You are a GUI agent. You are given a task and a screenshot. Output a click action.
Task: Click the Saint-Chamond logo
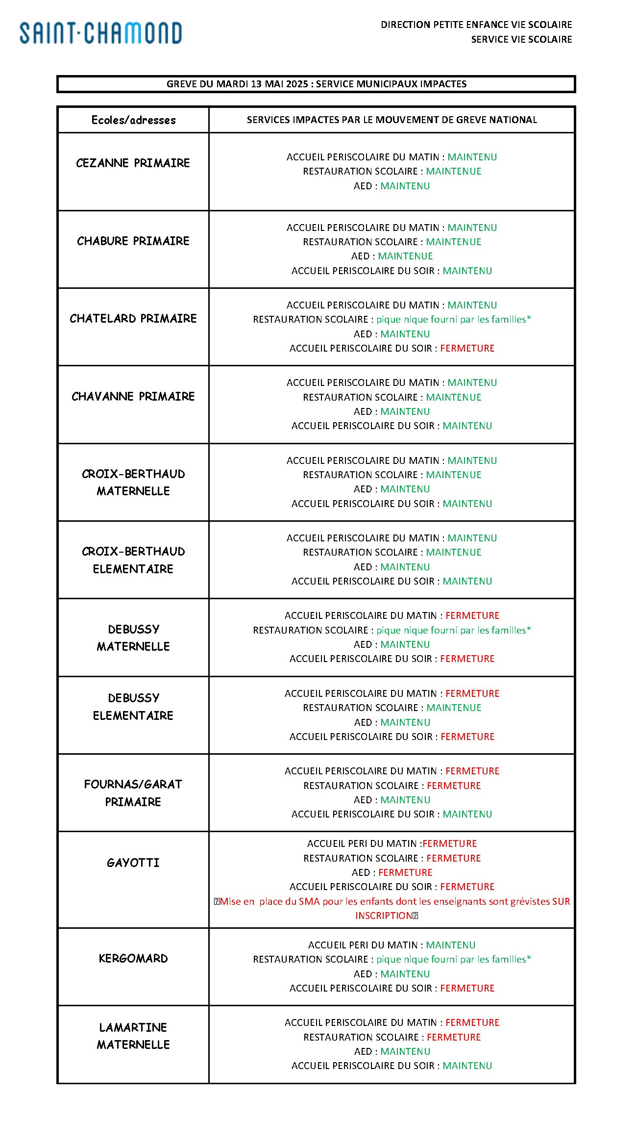(x=100, y=33)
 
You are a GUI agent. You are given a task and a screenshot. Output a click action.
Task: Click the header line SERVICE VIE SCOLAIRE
(x=521, y=39)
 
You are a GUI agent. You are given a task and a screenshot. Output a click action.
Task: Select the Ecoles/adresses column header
(x=133, y=120)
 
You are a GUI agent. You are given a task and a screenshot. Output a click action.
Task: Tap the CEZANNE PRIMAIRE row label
(x=133, y=163)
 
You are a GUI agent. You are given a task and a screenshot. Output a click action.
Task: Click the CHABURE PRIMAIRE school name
(x=133, y=241)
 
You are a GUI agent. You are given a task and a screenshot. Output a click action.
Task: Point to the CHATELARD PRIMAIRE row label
(x=133, y=318)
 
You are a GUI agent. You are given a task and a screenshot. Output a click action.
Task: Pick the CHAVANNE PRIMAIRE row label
(x=133, y=396)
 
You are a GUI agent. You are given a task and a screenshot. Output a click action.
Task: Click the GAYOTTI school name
(x=133, y=863)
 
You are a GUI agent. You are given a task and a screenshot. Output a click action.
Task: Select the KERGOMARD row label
(x=133, y=958)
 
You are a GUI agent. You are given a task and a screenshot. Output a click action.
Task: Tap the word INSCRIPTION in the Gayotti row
(x=384, y=916)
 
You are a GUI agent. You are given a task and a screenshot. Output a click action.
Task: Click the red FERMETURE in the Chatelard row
(x=467, y=348)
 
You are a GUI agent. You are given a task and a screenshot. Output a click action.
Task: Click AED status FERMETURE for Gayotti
(x=405, y=872)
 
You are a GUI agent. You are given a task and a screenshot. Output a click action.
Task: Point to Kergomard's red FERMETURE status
(x=467, y=988)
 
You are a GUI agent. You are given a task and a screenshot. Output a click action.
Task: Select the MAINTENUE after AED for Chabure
(x=405, y=256)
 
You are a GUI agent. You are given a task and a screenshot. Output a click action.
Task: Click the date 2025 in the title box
(x=297, y=84)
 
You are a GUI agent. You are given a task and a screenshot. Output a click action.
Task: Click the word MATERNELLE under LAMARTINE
(x=133, y=1045)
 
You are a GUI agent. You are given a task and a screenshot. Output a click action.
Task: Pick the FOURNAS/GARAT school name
(x=133, y=784)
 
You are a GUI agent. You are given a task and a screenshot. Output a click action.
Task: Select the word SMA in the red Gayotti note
(x=309, y=901)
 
